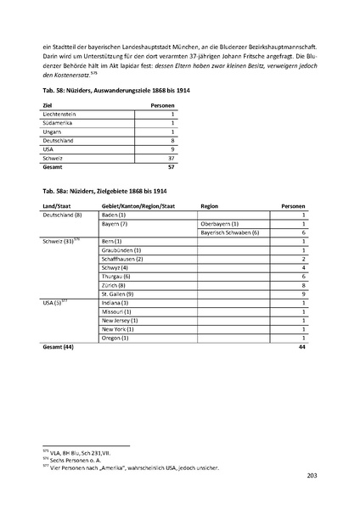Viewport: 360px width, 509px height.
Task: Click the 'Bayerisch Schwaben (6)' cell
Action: coord(229,233)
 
